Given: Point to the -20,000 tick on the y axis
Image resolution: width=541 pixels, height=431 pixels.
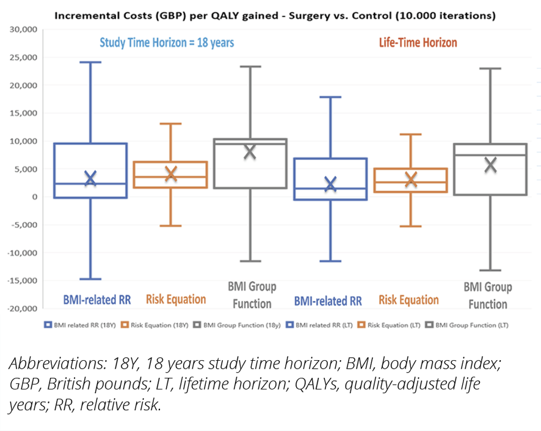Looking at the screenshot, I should (23, 309).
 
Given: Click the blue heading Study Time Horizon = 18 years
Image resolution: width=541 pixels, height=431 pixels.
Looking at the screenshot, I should (167, 43).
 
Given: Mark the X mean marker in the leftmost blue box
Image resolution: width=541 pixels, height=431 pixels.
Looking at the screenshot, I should (90, 178).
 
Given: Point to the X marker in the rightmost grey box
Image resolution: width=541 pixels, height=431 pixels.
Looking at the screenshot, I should (490, 164).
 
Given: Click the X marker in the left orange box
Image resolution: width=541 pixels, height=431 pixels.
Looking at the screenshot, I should (170, 173).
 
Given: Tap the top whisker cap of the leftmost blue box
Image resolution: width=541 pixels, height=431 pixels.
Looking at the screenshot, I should (90, 62).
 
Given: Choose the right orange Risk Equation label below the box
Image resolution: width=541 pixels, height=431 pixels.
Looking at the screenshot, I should (408, 300).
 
